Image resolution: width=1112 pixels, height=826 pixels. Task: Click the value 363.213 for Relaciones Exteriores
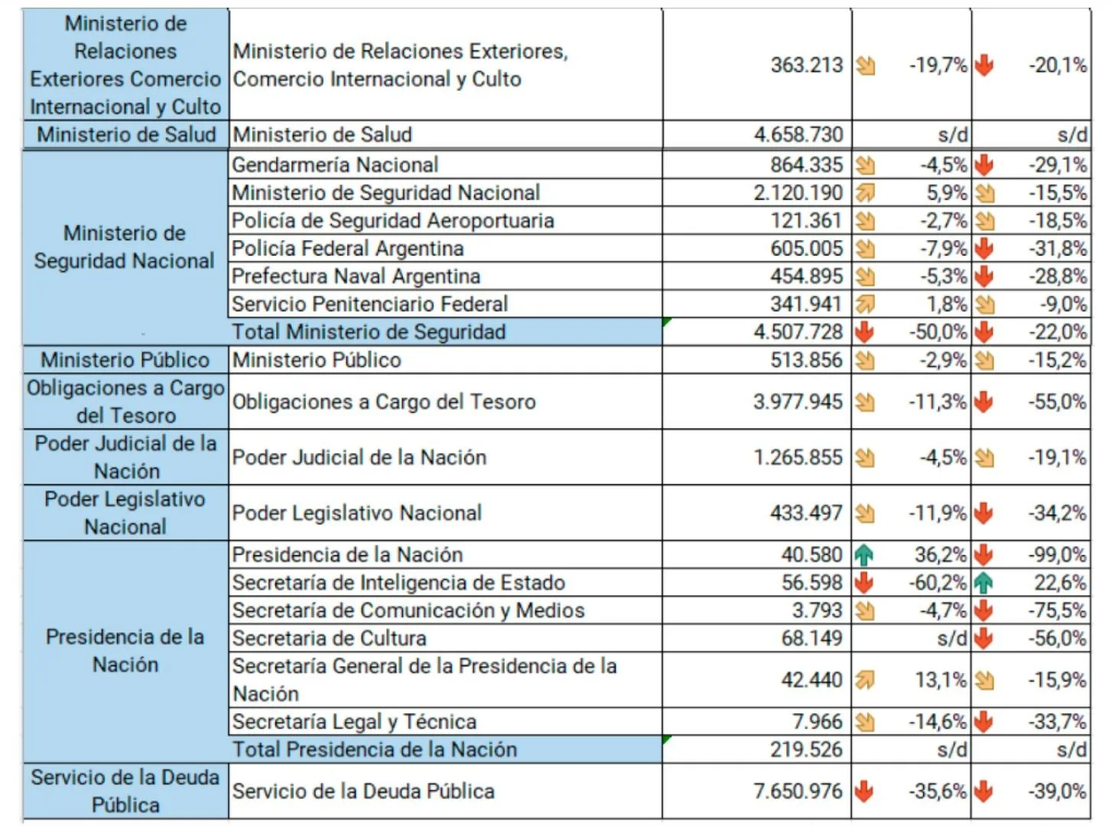tap(806, 65)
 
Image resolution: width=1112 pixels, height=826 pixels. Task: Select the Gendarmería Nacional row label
tap(335, 164)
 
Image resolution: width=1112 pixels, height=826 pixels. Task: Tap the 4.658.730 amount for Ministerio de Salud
tap(798, 135)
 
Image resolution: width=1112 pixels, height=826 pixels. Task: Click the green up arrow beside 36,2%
tap(864, 554)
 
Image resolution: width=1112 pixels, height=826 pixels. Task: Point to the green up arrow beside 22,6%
tap(984, 583)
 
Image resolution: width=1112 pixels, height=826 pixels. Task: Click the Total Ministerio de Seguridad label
tap(369, 332)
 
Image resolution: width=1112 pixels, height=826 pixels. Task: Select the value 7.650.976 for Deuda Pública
tap(797, 791)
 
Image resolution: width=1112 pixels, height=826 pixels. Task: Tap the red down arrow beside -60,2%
tap(864, 583)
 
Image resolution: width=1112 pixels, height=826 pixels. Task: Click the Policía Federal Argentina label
tap(347, 249)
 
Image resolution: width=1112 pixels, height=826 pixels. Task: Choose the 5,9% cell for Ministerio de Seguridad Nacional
tap(946, 193)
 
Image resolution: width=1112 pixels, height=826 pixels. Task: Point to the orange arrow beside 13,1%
tap(864, 679)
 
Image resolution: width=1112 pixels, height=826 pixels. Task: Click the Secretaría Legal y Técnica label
tap(354, 721)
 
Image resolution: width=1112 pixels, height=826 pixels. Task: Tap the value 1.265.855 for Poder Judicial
tap(798, 457)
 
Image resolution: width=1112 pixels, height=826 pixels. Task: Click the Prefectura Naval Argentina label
tap(356, 276)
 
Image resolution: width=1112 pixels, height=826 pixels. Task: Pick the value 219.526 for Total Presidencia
tap(806, 750)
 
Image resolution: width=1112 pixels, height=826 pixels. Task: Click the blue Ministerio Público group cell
tap(125, 360)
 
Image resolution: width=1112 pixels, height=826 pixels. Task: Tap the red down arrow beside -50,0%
tap(864, 332)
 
